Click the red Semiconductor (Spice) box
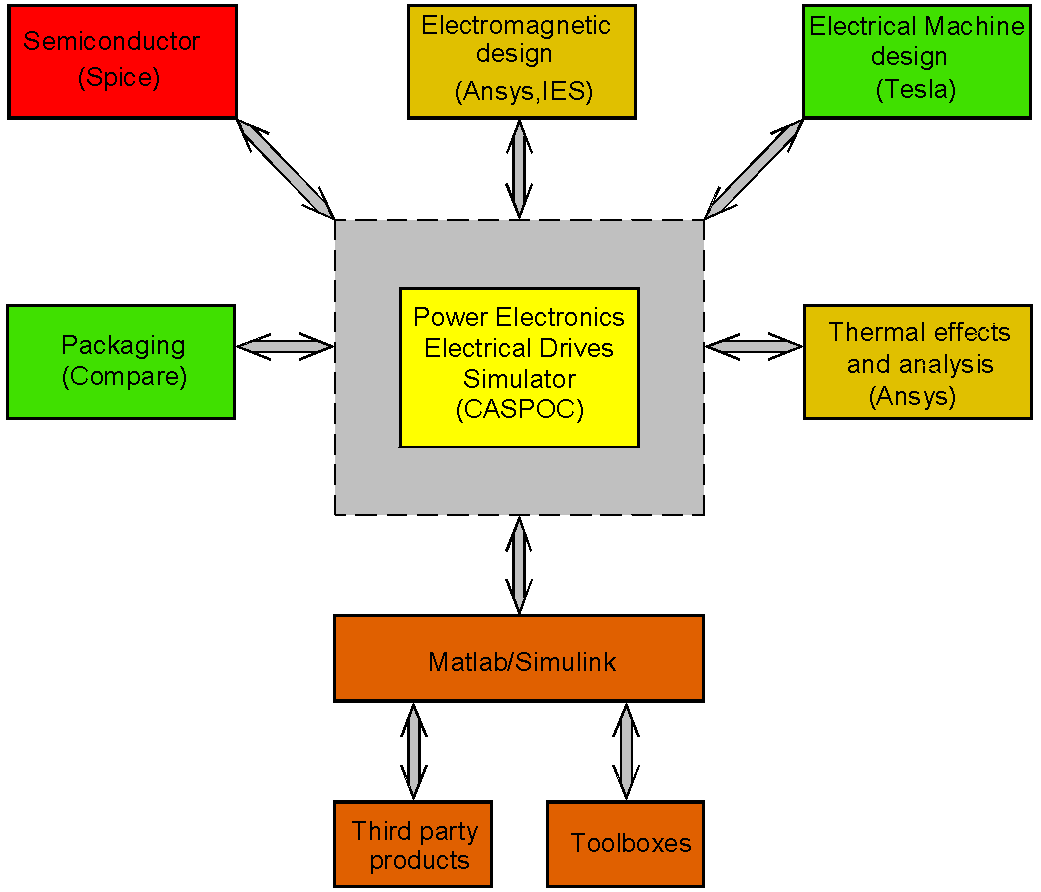123,62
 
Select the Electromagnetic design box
522,62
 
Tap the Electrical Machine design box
917,62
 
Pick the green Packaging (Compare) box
121,362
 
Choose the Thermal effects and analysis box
918,362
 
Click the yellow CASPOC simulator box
519,368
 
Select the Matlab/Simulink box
519,658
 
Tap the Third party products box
413,844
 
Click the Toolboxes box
625,844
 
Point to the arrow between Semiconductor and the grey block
286,169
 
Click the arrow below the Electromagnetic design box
519,169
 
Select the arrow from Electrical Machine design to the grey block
754,169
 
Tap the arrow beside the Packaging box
285,346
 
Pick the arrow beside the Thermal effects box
754,346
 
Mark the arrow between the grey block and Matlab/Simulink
519,565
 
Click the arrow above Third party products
414,751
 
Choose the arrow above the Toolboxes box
626,751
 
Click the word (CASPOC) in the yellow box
520,409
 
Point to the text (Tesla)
916,89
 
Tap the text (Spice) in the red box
119,77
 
